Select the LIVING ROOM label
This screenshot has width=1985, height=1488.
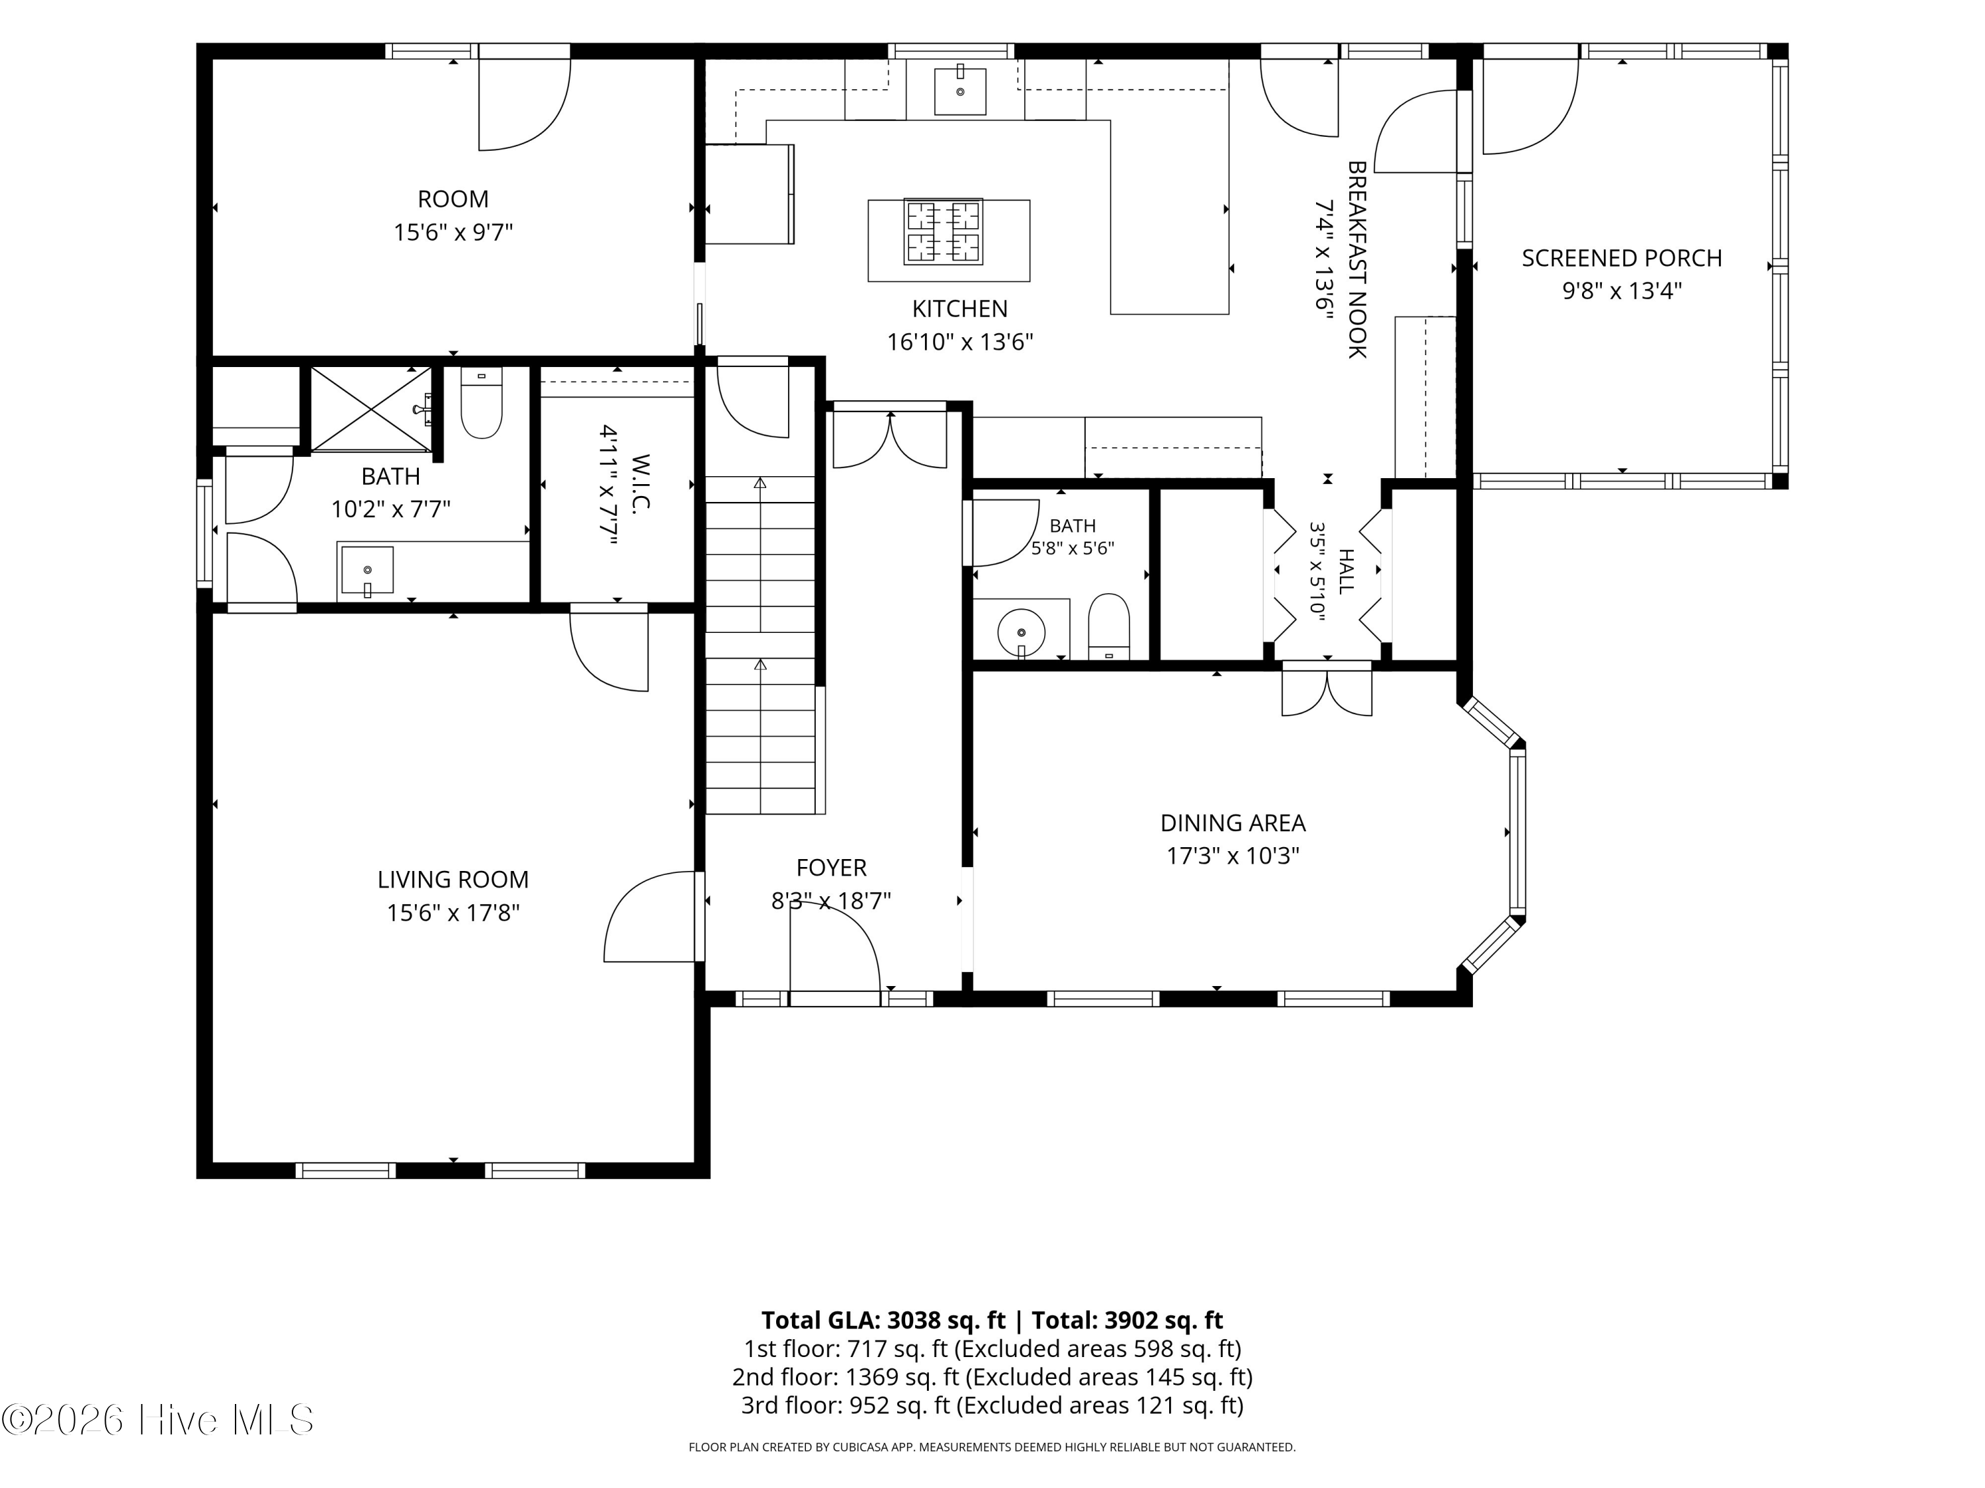453,879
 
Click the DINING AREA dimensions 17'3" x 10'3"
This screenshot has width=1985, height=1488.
1233,856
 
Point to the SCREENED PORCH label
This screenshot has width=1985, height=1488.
1622,259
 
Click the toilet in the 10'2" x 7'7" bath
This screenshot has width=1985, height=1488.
481,403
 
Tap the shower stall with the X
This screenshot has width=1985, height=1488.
371,409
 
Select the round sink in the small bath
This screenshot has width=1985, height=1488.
1021,632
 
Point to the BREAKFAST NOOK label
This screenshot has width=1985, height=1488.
1357,259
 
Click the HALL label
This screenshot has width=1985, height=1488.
1346,571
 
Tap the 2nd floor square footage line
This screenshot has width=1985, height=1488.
992,1377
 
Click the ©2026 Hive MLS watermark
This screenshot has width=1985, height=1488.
158,1420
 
